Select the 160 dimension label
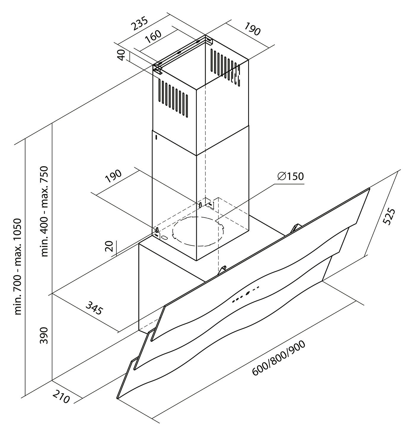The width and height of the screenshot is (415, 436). click(154, 37)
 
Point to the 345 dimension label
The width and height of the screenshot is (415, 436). click(94, 308)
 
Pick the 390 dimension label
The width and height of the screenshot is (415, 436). click(44, 335)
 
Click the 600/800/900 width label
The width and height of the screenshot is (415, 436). click(279, 358)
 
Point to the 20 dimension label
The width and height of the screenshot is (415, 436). click(109, 246)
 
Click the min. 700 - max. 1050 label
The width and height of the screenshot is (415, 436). click(18, 266)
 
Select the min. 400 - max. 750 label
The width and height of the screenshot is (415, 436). click(44, 212)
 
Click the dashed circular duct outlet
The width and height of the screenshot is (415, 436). click(197, 231)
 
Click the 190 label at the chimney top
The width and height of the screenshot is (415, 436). click(252, 29)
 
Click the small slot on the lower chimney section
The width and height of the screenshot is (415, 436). click(156, 137)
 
